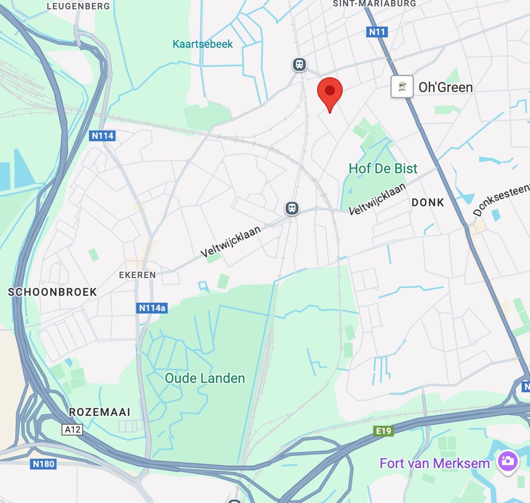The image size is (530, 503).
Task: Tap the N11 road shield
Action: coord(377,32)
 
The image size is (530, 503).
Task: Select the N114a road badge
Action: coord(152,308)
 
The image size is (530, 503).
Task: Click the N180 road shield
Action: coord(44,464)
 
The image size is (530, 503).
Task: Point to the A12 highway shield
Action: coord(72,430)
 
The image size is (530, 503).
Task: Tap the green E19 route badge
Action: coord(383,431)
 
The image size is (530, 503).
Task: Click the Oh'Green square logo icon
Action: coord(402,87)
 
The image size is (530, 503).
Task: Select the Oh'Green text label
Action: coord(445,87)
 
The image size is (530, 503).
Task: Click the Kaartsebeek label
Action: coord(202,44)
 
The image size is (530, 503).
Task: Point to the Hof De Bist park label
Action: coord(383,169)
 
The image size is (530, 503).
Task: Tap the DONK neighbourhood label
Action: coord(427,202)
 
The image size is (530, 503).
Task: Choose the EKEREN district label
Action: coord(137,275)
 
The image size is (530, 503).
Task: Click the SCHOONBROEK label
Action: coord(52,292)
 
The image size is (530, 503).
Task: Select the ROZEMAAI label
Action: coord(100,412)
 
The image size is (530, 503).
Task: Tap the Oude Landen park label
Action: coord(205,378)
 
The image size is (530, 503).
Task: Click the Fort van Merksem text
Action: coord(434,463)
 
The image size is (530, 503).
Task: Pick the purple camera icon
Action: coord(507,462)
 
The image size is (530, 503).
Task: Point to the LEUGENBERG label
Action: coord(78,6)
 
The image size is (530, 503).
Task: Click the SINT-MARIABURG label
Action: coord(374,4)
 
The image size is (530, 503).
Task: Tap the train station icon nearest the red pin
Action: coord(299,65)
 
